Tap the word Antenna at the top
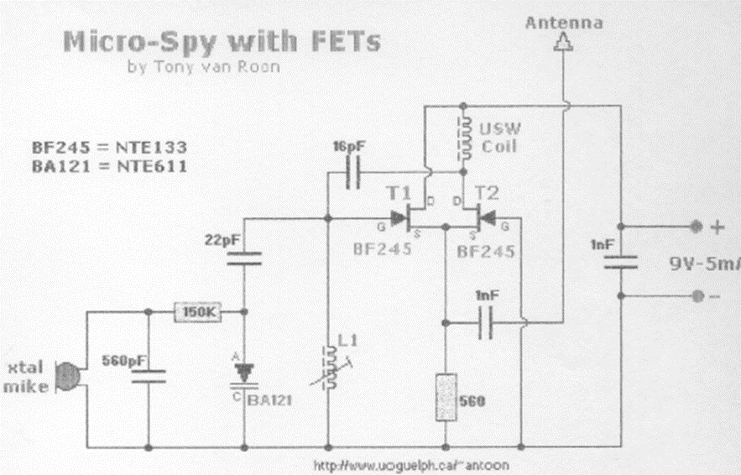[x=564, y=23]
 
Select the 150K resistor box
[x=197, y=312]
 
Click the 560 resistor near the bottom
[x=444, y=398]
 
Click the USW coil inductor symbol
[x=462, y=139]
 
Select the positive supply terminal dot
[x=695, y=227]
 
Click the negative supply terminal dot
[x=695, y=295]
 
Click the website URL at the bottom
[x=410, y=464]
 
